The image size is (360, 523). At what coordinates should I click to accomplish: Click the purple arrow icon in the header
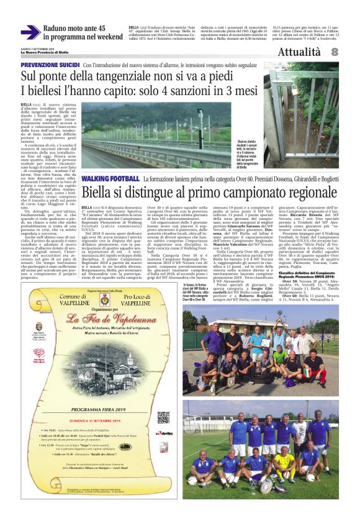(x=30, y=32)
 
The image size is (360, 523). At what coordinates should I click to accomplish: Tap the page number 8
(x=335, y=52)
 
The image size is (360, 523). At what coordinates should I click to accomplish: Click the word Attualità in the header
(x=299, y=52)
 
